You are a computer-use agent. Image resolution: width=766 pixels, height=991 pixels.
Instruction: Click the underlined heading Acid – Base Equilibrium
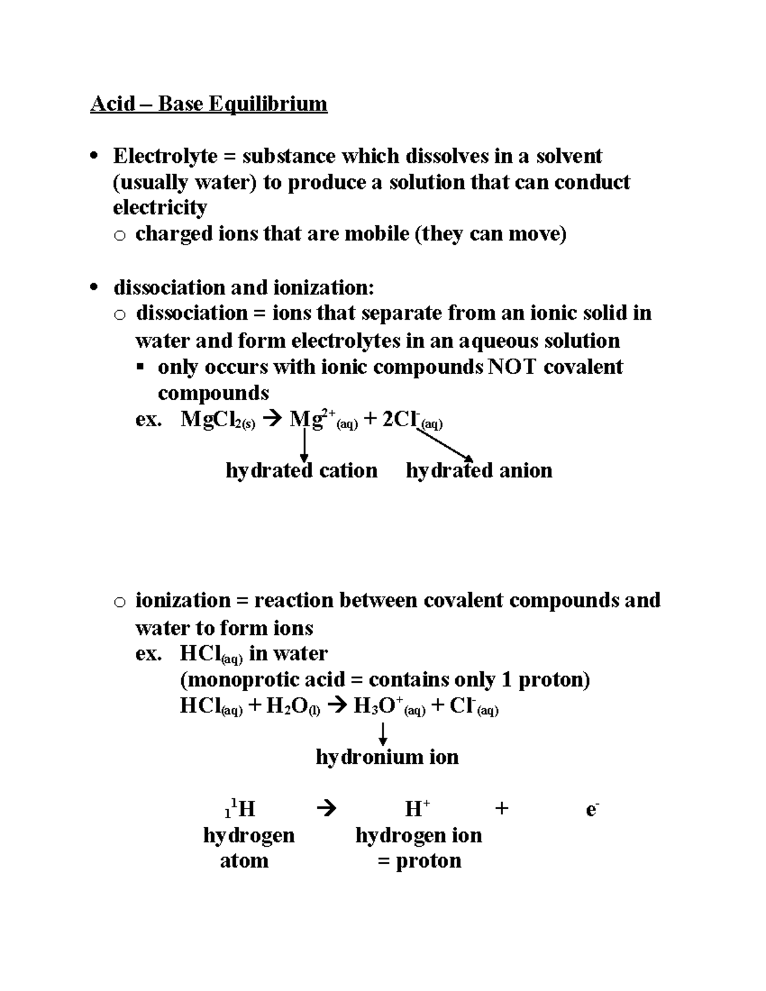pyautogui.click(x=209, y=103)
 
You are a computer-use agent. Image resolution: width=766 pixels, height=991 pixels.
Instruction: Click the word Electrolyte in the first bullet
pyautogui.click(x=165, y=156)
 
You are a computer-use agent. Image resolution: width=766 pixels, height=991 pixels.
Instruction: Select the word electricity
pyautogui.click(x=160, y=208)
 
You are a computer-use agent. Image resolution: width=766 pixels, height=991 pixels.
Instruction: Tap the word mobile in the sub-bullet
pyautogui.click(x=377, y=234)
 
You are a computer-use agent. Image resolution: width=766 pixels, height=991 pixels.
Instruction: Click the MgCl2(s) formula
pyautogui.click(x=218, y=421)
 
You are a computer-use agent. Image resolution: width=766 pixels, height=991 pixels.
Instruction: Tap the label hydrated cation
pyautogui.click(x=301, y=471)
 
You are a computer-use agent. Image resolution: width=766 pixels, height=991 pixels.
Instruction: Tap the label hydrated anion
pyautogui.click(x=479, y=471)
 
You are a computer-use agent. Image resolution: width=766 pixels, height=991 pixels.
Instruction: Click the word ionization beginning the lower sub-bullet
pyautogui.click(x=183, y=600)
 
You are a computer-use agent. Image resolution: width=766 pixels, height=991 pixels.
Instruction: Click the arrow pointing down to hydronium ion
pyautogui.click(x=383, y=733)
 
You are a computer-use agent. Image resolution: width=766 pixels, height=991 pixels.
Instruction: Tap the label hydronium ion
pyautogui.click(x=387, y=757)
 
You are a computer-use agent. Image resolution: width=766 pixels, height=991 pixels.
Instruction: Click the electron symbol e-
pyautogui.click(x=592, y=810)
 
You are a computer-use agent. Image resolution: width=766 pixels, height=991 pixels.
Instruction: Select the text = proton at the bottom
pyautogui.click(x=419, y=861)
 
